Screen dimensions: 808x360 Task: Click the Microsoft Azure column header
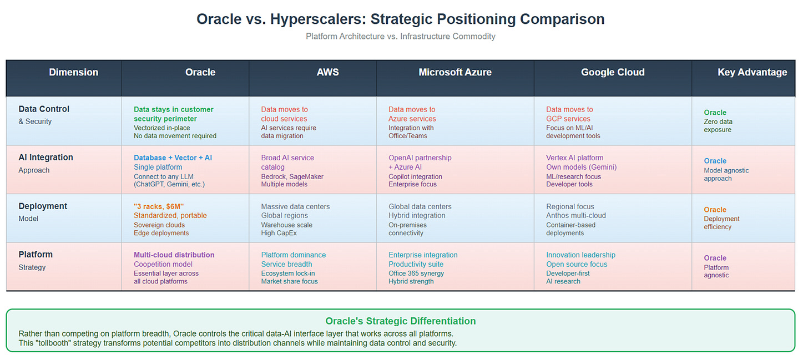click(455, 72)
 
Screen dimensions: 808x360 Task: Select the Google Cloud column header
click(613, 72)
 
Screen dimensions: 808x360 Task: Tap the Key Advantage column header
click(752, 73)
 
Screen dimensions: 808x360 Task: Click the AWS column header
click(327, 72)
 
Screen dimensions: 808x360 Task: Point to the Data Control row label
click(44, 109)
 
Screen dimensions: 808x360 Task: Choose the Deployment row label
click(43, 206)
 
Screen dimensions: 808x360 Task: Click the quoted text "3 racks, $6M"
click(158, 206)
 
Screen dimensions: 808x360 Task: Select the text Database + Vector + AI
click(173, 158)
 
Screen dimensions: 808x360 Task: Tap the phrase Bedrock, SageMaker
click(292, 177)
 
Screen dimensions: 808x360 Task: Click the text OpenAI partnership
click(420, 158)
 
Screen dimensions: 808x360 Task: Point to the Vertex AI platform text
click(574, 158)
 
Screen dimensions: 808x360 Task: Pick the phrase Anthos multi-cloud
click(575, 216)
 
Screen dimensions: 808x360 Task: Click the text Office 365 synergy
click(416, 273)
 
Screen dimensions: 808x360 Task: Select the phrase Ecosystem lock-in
click(288, 273)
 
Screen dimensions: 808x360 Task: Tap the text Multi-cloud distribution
click(174, 255)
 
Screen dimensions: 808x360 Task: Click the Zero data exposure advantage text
click(718, 125)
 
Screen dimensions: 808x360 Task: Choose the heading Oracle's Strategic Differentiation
click(401, 321)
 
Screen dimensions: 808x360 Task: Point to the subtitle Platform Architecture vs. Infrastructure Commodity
click(401, 37)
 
